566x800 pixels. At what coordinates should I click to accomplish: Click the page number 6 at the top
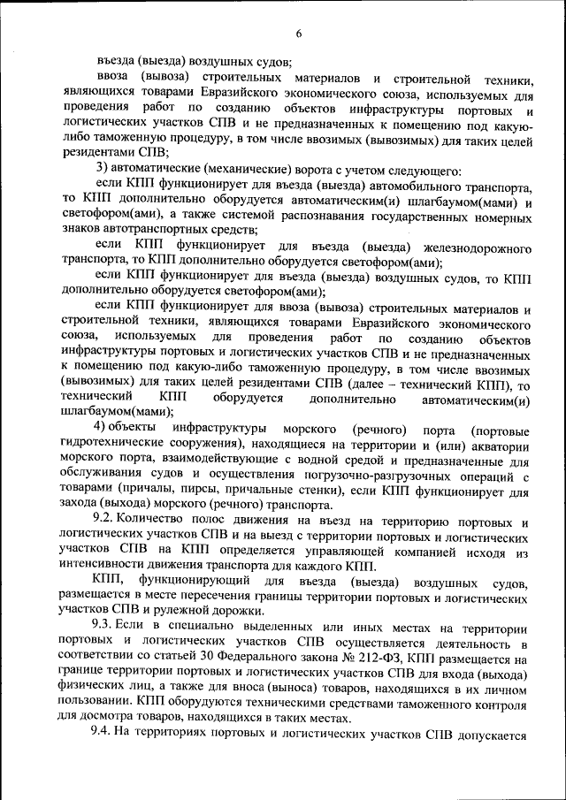tap(298, 34)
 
